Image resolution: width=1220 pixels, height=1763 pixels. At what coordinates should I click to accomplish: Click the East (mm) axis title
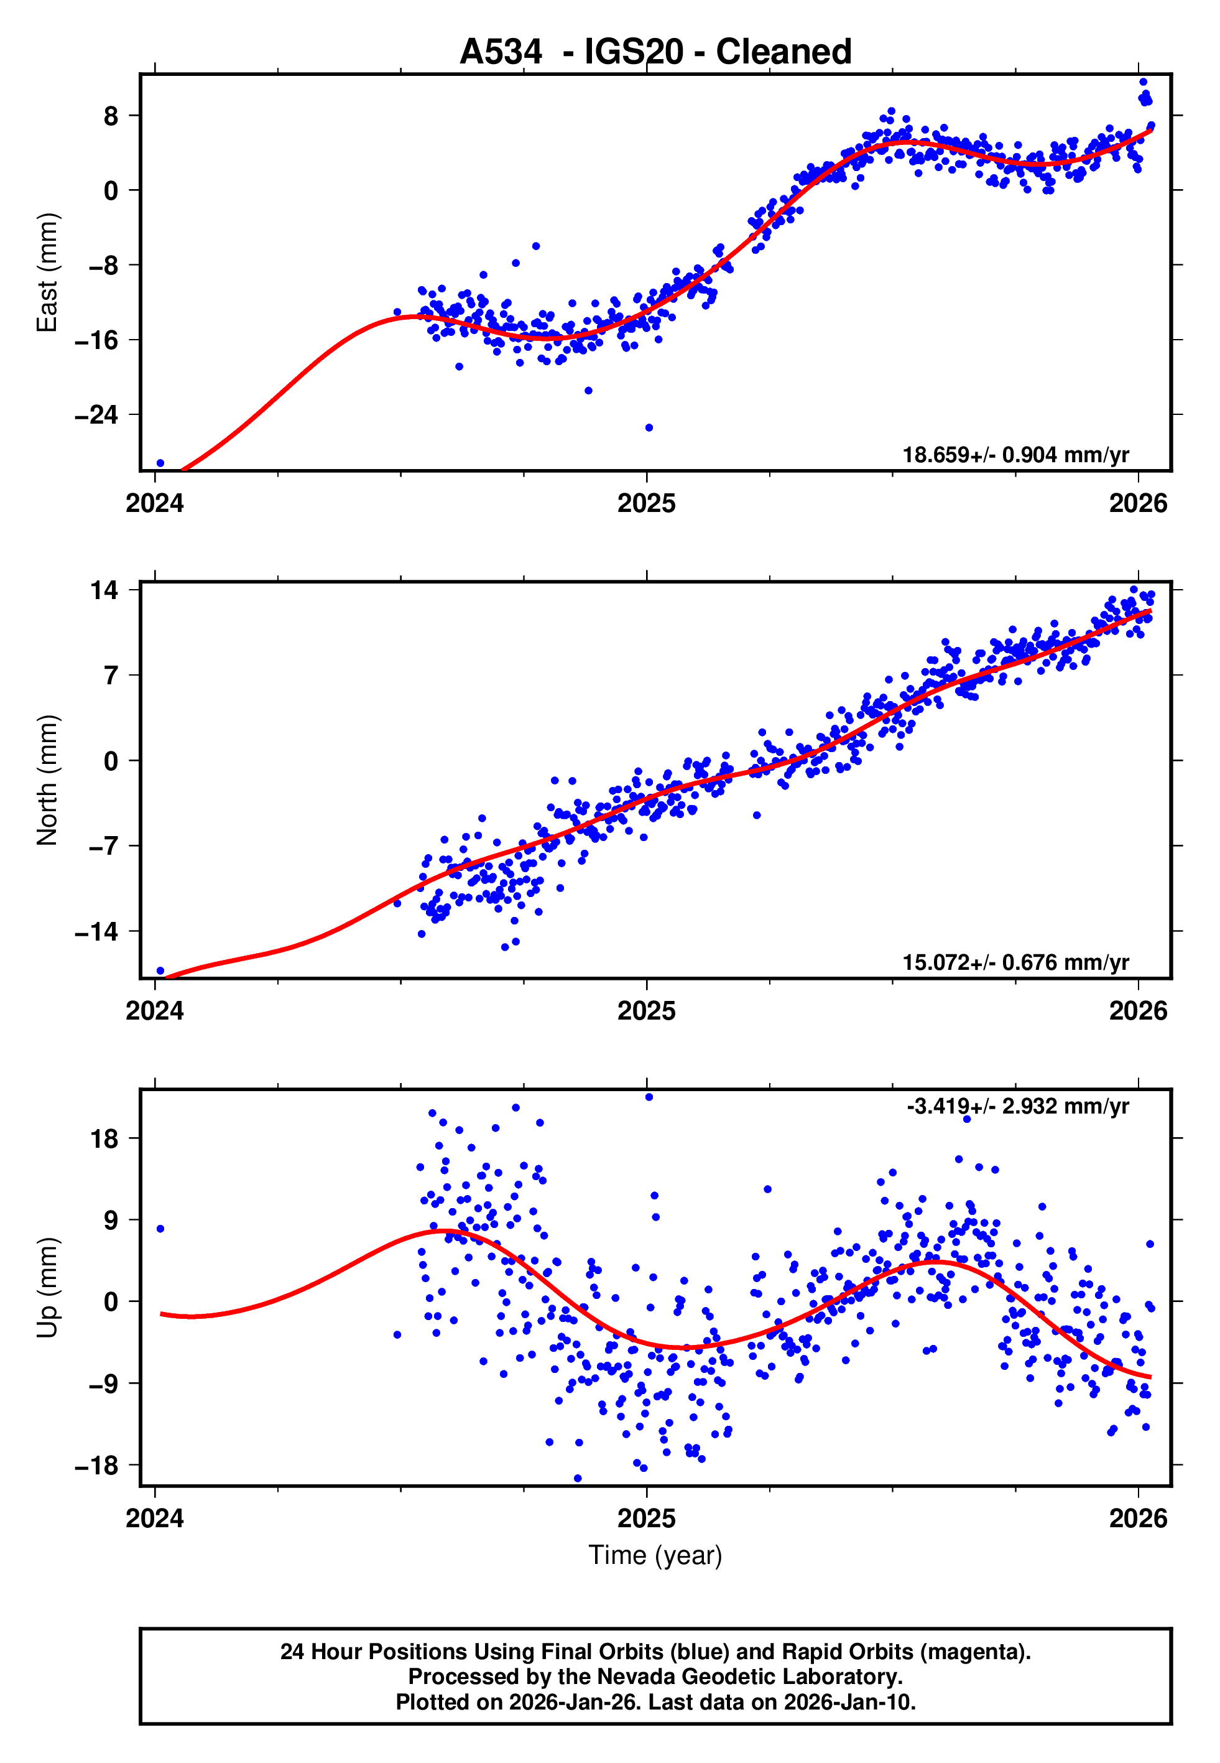[x=47, y=272]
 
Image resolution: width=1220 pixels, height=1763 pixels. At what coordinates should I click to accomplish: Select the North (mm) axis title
[x=47, y=780]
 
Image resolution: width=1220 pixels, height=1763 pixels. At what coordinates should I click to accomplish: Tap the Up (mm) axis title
[x=47, y=1288]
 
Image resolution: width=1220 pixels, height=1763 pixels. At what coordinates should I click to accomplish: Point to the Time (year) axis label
[x=655, y=1555]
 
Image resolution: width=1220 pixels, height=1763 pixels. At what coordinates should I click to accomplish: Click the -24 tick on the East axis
[x=96, y=415]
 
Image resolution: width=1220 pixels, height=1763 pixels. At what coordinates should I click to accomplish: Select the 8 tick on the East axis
[x=111, y=116]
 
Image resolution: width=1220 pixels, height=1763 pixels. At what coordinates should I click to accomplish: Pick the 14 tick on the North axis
[x=104, y=590]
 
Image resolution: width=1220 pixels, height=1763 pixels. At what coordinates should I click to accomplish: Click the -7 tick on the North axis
[x=96, y=846]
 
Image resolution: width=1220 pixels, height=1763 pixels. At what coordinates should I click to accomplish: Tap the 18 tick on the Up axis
[x=104, y=1139]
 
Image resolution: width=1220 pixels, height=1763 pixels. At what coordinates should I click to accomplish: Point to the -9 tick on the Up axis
[x=96, y=1384]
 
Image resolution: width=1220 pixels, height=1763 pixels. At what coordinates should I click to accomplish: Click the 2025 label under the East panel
[x=647, y=504]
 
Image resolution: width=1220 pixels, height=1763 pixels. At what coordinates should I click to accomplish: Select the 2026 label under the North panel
[x=1138, y=1012]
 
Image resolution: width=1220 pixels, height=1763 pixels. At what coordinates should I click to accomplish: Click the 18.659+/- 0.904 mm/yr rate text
[x=1015, y=455]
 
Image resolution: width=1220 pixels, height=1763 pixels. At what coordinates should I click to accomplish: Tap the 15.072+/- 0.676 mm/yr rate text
[x=1015, y=962]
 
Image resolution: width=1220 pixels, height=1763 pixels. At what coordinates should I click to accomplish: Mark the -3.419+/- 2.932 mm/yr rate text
[x=1017, y=1106]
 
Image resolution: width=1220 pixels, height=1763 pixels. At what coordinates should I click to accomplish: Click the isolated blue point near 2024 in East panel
[x=160, y=463]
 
